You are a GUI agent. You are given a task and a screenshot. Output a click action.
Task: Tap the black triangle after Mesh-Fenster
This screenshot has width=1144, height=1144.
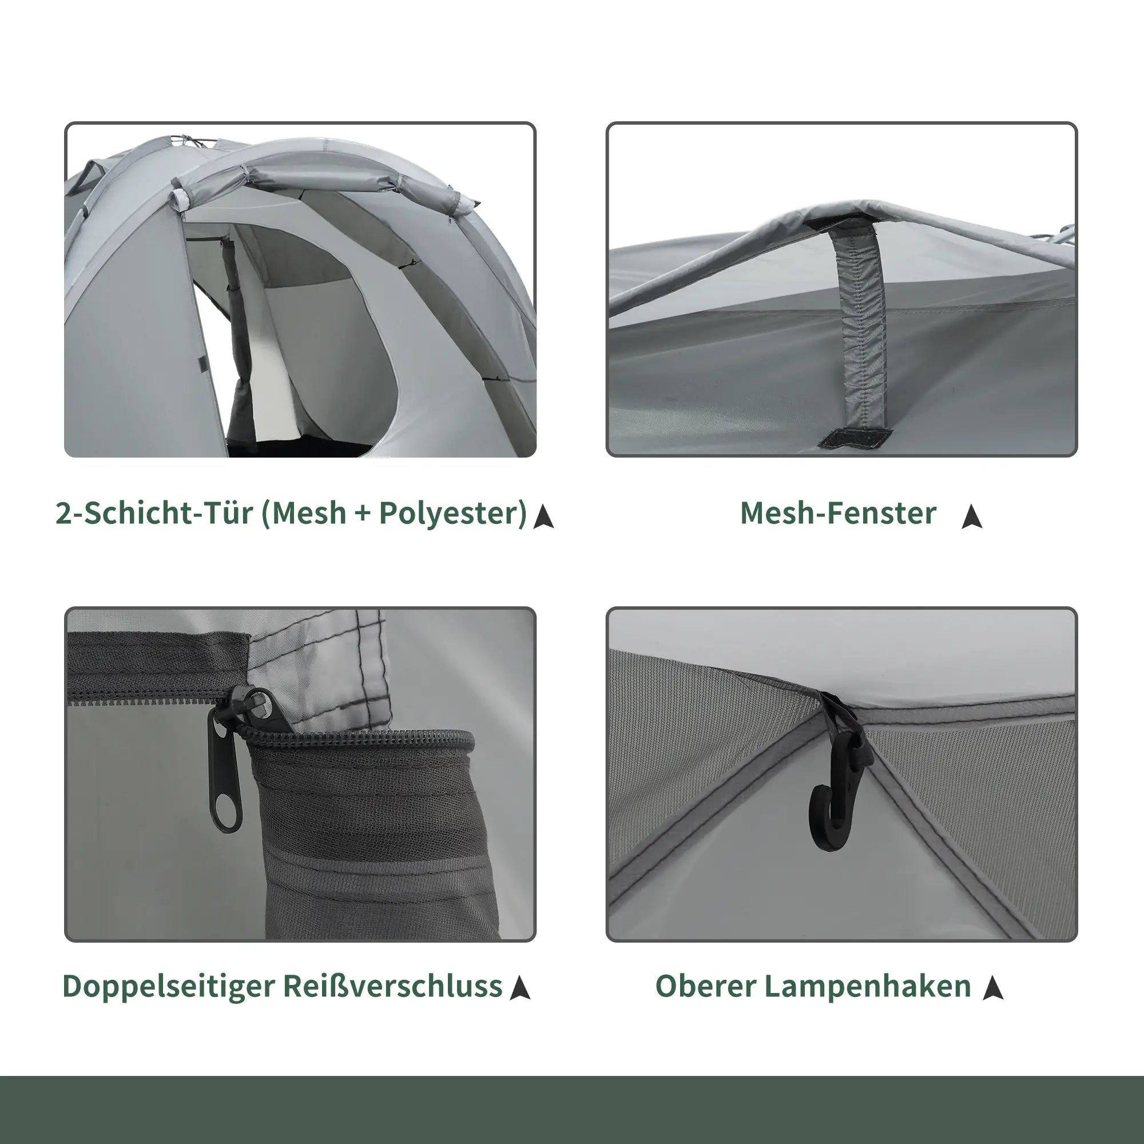[972, 517]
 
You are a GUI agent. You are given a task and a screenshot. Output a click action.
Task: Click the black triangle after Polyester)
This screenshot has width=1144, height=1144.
[543, 517]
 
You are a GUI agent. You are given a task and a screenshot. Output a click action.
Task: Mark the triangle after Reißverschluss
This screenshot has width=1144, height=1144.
[520, 988]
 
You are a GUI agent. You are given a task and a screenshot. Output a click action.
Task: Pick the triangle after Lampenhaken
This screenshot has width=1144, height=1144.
[993, 988]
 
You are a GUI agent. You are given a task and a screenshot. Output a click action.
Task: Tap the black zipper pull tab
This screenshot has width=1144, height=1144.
[225, 770]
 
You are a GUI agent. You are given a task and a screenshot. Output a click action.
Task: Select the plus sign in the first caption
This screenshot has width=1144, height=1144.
[363, 514]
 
